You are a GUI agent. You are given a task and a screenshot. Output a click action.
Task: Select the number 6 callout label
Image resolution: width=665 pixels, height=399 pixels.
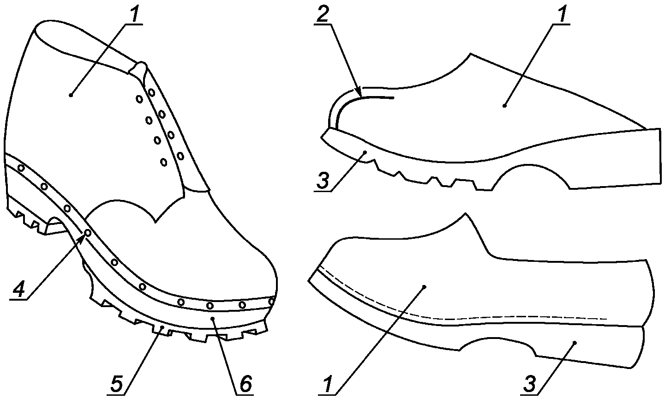[x=245, y=383]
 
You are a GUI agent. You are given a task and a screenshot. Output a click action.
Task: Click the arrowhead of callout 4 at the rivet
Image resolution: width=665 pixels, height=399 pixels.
[x=85, y=235]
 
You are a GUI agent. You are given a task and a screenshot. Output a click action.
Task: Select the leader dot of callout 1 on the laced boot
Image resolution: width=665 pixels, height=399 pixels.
[x=71, y=95]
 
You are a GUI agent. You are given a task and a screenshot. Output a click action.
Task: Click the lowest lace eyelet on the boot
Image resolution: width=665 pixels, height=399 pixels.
[x=163, y=162]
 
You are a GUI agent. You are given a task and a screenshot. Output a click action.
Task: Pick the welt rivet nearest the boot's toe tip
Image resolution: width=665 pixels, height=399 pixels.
[x=271, y=302]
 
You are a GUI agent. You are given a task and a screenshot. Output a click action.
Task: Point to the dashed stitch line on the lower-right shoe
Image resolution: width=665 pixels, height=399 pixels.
[x=461, y=318]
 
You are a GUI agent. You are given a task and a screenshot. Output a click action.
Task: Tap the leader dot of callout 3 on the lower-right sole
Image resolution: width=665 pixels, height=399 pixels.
[x=575, y=343]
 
